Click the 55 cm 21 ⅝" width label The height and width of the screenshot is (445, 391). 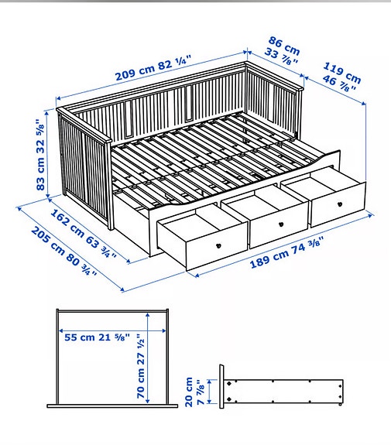[x=96, y=337]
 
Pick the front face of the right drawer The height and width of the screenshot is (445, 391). [x=337, y=202]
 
